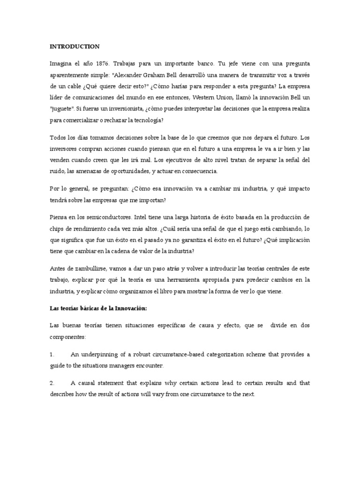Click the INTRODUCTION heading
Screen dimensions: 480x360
pyautogui.click(x=75, y=46)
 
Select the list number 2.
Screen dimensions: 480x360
pyautogui.click(x=52, y=382)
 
